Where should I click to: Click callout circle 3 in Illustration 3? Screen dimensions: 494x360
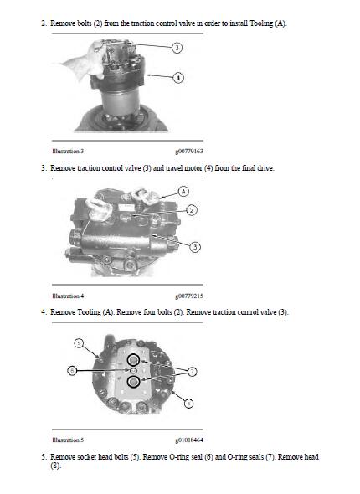[x=177, y=48]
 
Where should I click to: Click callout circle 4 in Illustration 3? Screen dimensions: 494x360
[x=177, y=77]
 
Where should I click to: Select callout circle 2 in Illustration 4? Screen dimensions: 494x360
[x=192, y=209]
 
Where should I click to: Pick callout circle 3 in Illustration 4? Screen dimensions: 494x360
[x=194, y=246]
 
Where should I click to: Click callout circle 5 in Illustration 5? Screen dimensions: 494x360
[x=79, y=342]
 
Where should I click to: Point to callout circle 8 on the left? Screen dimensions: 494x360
[x=72, y=368]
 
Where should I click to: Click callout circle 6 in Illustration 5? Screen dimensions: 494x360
[x=188, y=403]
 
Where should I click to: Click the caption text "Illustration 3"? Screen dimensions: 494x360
[x=68, y=152]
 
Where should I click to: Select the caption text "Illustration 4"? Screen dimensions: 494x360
[x=68, y=296]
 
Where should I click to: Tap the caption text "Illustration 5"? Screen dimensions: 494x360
[x=68, y=440]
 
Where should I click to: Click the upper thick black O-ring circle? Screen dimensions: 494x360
[x=133, y=360]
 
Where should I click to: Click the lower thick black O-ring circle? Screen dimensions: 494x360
[x=133, y=382]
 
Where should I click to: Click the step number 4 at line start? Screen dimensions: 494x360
[x=44, y=312]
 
